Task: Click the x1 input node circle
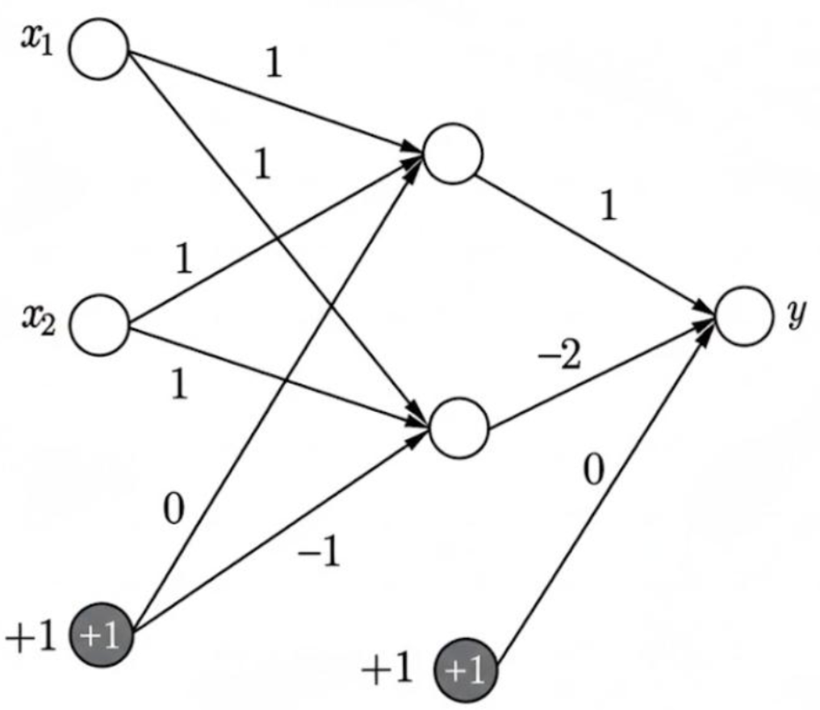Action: point(98,51)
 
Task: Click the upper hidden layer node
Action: point(453,153)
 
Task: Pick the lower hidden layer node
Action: point(459,426)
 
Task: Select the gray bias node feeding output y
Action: point(464,672)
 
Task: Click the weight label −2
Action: point(560,356)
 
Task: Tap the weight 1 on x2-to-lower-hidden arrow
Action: point(179,386)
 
